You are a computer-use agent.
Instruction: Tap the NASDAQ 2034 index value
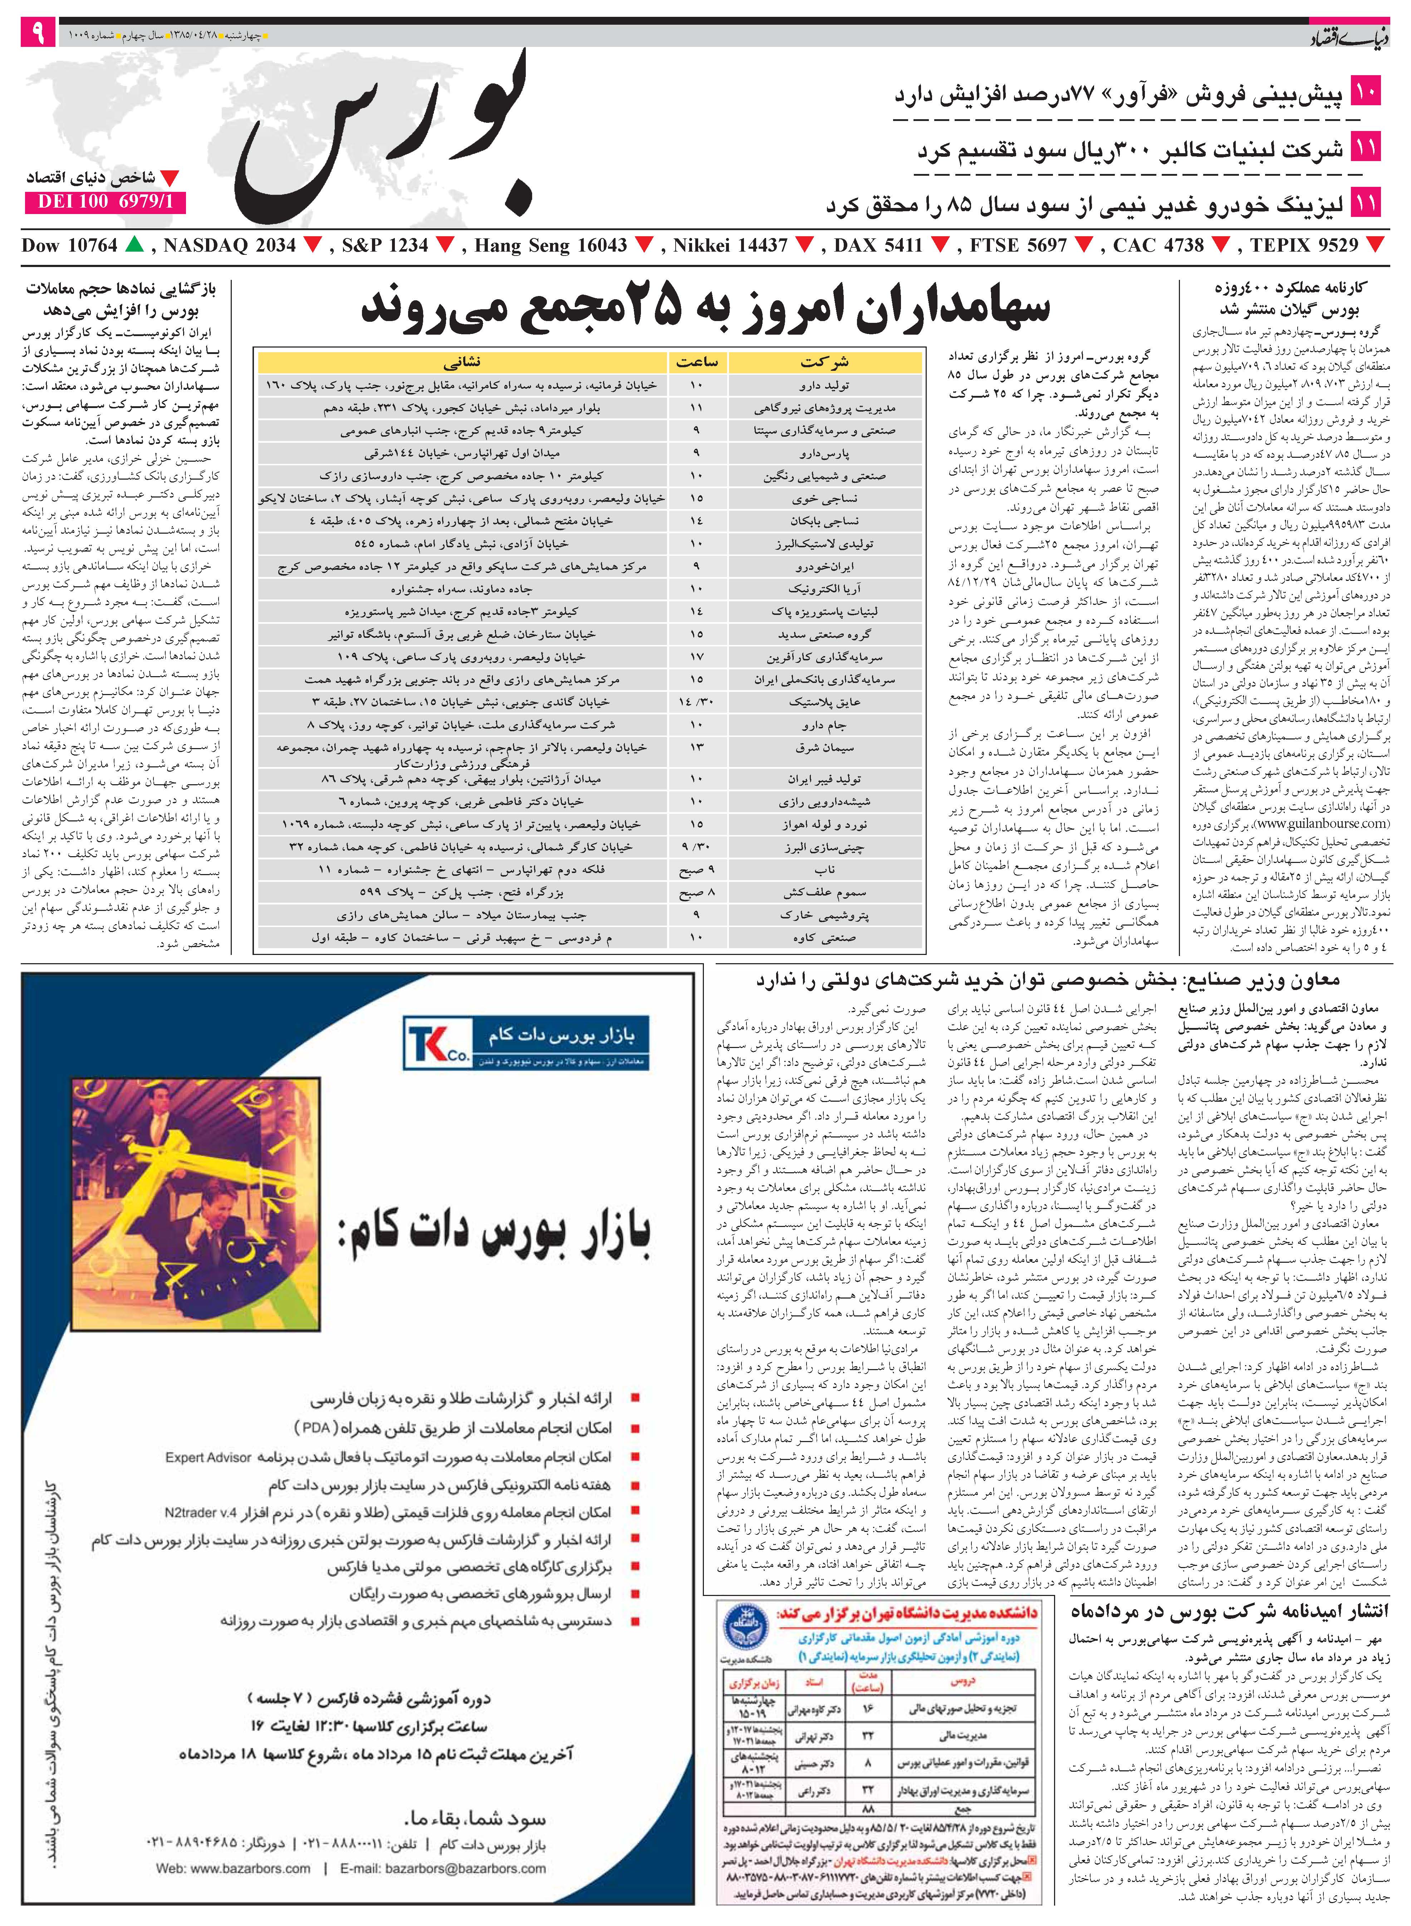229,246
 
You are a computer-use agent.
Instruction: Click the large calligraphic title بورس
384,137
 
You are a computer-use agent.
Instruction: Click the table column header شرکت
825,362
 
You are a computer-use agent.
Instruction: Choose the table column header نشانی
462,362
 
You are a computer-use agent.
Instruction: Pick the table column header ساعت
697,362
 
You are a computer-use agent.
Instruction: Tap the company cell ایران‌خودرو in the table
825,567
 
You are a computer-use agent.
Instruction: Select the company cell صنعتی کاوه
825,937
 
